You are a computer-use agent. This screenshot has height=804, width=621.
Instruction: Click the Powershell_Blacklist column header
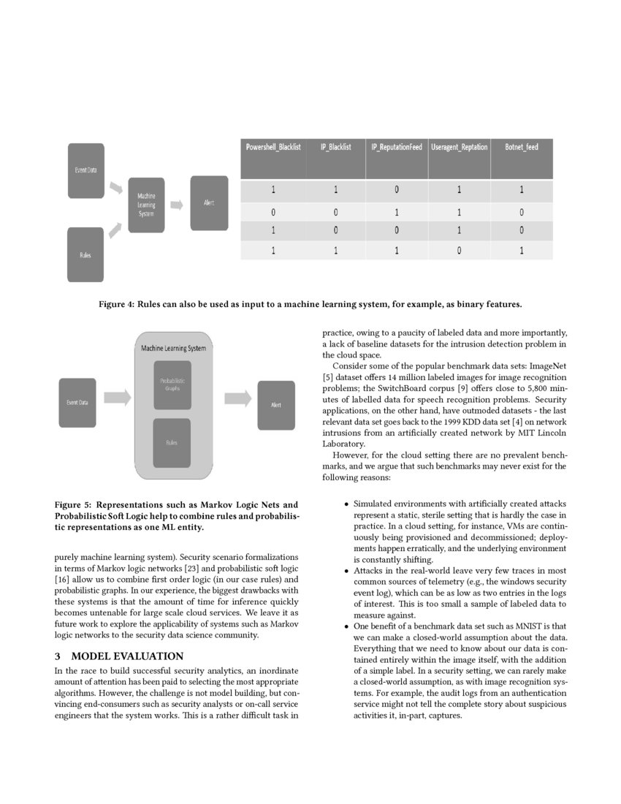(x=273, y=147)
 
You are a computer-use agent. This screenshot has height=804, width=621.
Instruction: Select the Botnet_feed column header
(x=522, y=147)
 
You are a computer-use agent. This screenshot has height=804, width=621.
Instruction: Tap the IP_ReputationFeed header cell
(x=397, y=147)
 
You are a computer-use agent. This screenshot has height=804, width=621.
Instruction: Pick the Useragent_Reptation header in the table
(x=460, y=147)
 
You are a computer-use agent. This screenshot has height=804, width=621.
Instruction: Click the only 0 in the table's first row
(x=397, y=190)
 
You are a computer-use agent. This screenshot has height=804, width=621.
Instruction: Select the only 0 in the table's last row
(x=459, y=250)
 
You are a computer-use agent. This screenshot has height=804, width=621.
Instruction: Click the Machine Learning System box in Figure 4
(x=146, y=205)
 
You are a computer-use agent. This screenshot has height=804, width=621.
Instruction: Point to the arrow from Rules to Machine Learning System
(x=115, y=231)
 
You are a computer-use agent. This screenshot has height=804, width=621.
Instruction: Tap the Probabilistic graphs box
(x=172, y=384)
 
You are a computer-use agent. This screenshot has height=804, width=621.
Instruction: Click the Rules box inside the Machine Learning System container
(x=172, y=443)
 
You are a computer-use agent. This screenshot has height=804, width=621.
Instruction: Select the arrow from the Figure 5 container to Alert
(x=237, y=399)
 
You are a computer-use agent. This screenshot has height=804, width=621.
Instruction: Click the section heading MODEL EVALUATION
(x=127, y=656)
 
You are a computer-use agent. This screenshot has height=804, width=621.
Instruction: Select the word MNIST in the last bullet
(x=518, y=626)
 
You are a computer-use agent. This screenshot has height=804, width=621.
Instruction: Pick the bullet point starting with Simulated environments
(x=346, y=504)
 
